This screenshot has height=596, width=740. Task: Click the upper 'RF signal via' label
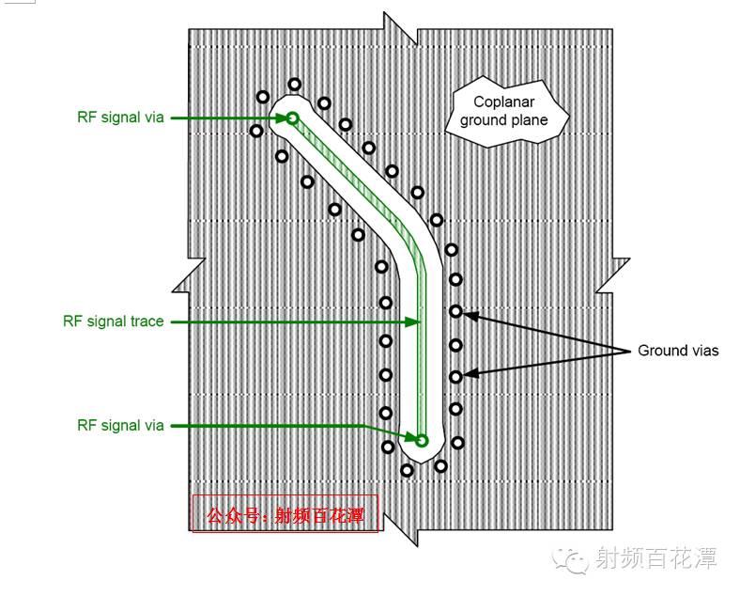120,118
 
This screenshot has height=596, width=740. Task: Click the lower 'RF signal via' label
120,426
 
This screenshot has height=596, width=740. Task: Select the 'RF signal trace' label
114,322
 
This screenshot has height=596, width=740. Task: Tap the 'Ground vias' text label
678,351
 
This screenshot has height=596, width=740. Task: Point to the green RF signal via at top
292,118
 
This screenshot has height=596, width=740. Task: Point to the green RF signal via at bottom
422,440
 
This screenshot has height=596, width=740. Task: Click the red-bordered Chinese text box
285,514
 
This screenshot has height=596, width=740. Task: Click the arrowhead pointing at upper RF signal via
279,118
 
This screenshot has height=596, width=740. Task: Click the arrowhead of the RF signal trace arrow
413,322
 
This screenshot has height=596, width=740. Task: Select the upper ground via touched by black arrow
455,311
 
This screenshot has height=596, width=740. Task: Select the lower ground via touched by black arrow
455,376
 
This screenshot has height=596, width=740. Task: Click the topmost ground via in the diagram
295,85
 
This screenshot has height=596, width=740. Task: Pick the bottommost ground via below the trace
407,469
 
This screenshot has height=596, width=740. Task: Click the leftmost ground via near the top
256,131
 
